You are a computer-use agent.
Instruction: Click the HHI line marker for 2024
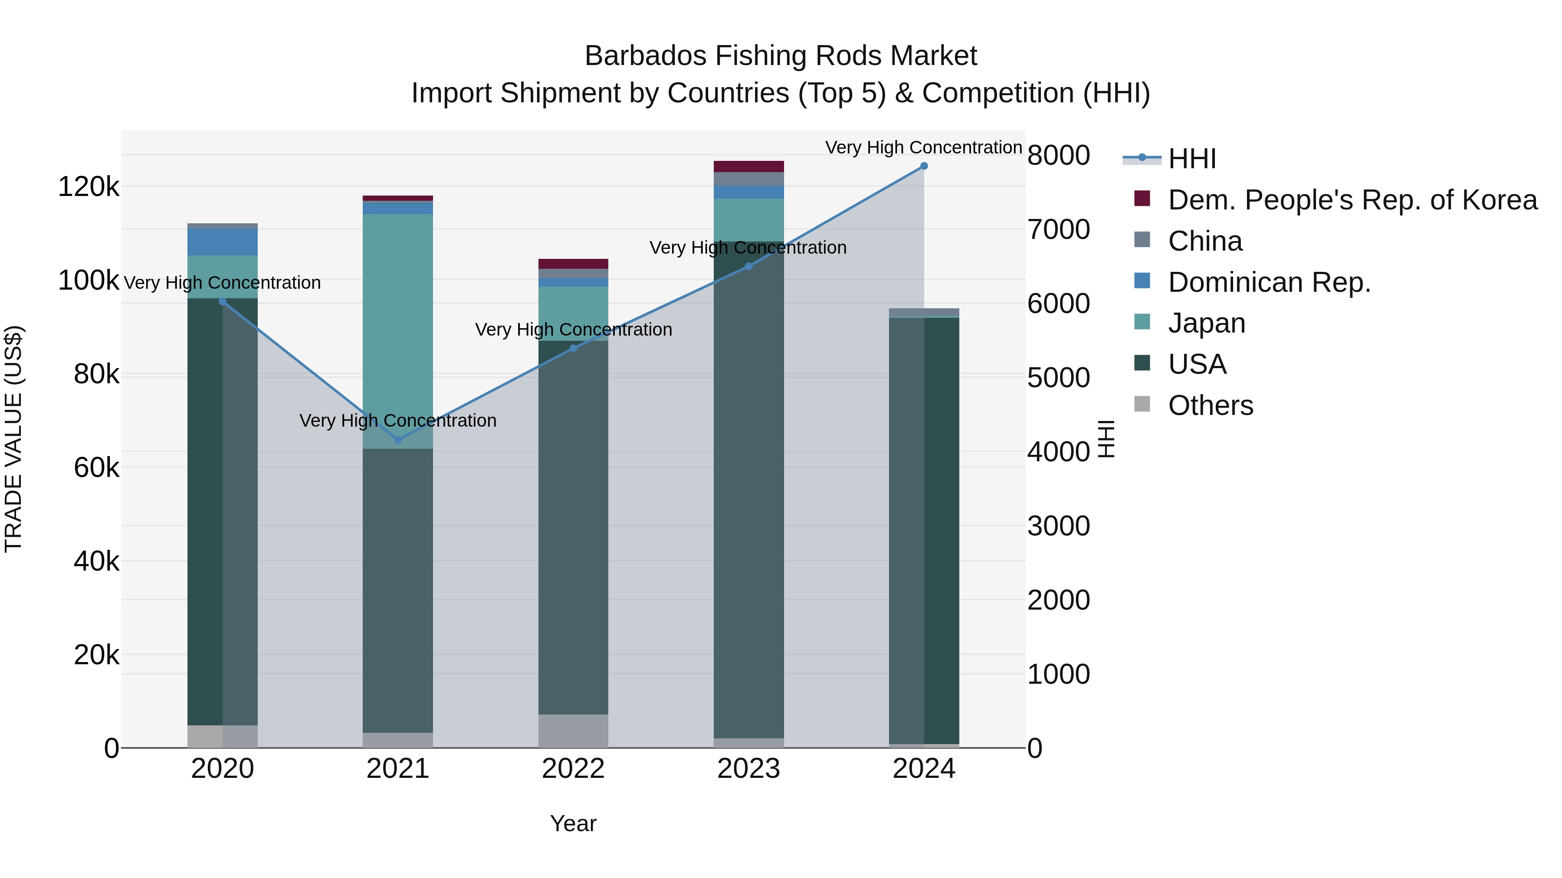(x=923, y=166)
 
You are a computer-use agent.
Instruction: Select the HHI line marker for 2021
(x=398, y=440)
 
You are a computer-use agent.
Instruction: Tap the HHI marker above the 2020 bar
(x=223, y=302)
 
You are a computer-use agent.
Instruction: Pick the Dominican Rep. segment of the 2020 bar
(x=223, y=242)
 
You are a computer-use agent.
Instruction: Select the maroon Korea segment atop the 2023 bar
(x=748, y=166)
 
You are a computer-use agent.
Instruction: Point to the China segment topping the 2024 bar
(x=923, y=312)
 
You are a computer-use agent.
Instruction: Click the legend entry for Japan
(x=1206, y=323)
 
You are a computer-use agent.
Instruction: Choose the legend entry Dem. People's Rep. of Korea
(x=1352, y=200)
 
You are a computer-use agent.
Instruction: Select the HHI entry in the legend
(x=1191, y=159)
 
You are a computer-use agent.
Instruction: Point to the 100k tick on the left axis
(x=89, y=281)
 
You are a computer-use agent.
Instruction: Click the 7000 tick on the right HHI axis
(x=1058, y=230)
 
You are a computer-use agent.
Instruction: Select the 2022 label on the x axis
(x=573, y=769)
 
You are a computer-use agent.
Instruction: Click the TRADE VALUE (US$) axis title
(x=13, y=439)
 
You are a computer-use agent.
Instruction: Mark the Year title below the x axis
(x=573, y=823)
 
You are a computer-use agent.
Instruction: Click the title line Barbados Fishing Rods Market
(x=781, y=56)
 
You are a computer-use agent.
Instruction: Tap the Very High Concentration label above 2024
(x=923, y=147)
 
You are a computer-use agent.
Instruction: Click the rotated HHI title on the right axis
(x=1106, y=439)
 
